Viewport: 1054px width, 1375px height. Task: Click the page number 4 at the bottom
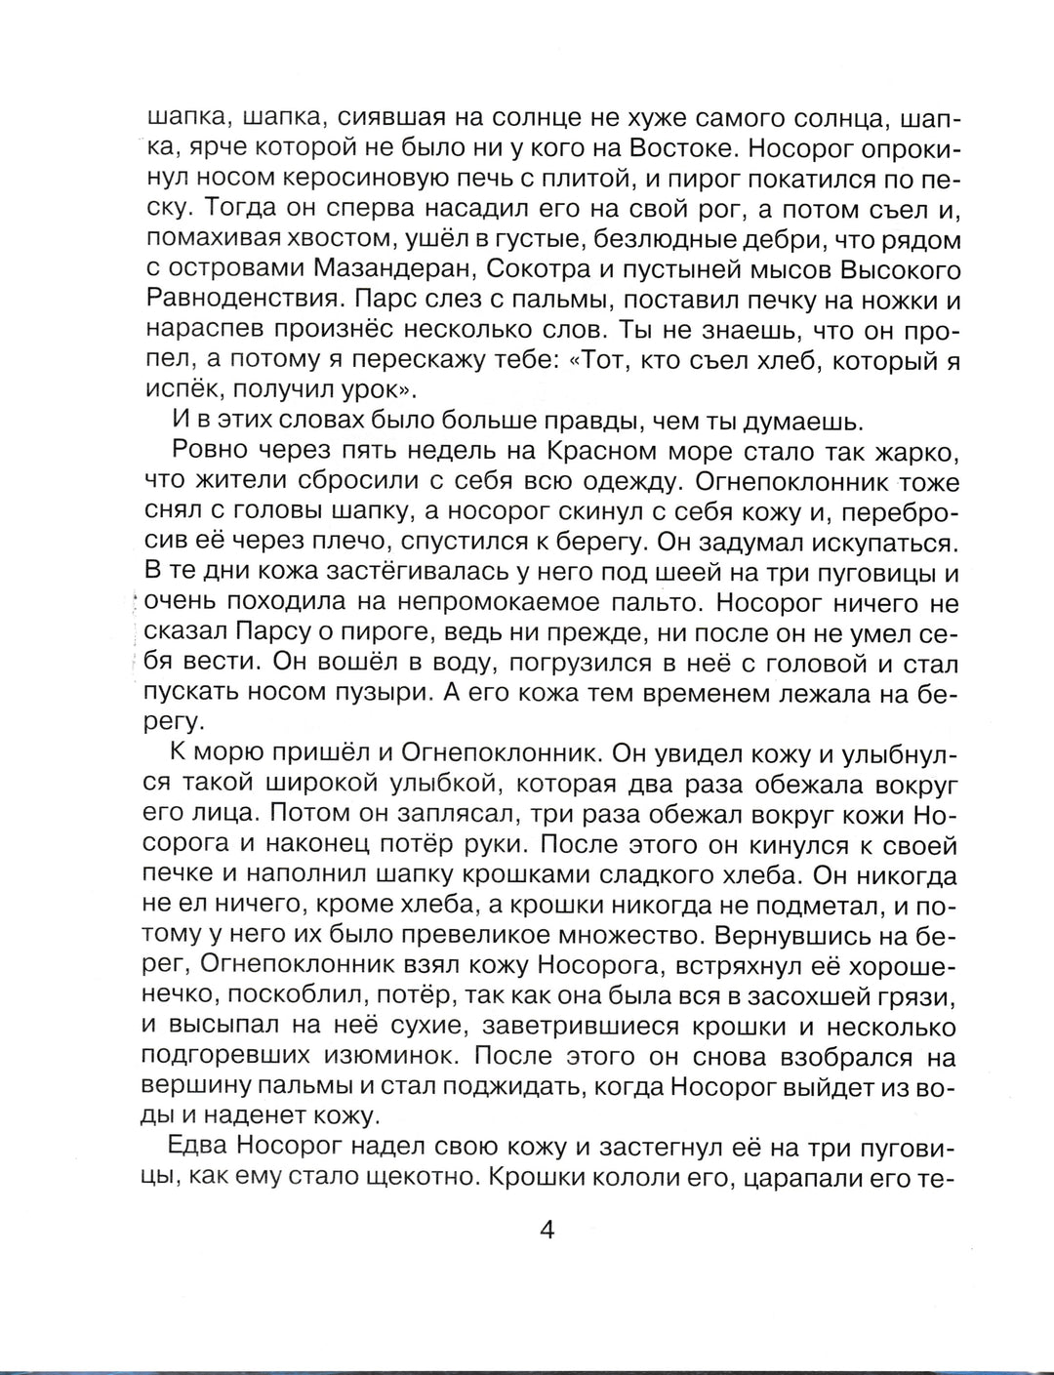[547, 1230]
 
